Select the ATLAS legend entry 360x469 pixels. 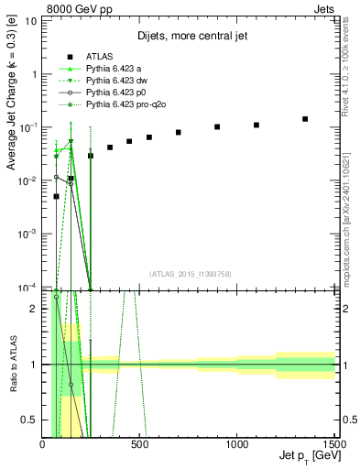coord(98,56)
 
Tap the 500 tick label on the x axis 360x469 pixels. coord(139,445)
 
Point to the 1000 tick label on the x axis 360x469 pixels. coord(237,445)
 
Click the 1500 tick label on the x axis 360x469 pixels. coord(333,445)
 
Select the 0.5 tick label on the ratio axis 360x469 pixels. coord(30,420)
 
